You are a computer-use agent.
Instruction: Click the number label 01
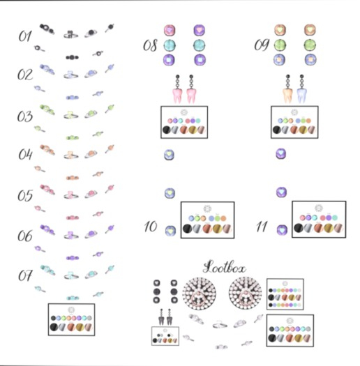coord(25,36)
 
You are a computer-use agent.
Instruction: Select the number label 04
coord(25,155)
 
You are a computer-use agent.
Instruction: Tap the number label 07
coord(25,275)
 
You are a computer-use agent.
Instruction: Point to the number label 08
coord(150,45)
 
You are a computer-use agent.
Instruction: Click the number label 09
coord(262,45)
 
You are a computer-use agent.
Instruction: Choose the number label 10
coord(151,227)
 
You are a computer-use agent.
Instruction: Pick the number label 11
coord(262,227)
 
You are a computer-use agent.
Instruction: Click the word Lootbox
coord(224,267)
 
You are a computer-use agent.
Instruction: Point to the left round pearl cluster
coord(199,293)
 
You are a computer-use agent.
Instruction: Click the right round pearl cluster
coord(246,293)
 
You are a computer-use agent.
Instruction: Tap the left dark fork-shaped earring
coord(161,317)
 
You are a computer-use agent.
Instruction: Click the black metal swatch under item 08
coord(166,130)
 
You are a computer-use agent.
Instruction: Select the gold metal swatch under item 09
coord(303,130)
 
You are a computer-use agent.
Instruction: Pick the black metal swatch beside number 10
coord(187,229)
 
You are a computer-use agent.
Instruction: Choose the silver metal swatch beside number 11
coord(308,228)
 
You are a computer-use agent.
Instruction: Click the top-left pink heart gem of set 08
coord(170,31)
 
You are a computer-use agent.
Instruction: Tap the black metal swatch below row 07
coord(54,327)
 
